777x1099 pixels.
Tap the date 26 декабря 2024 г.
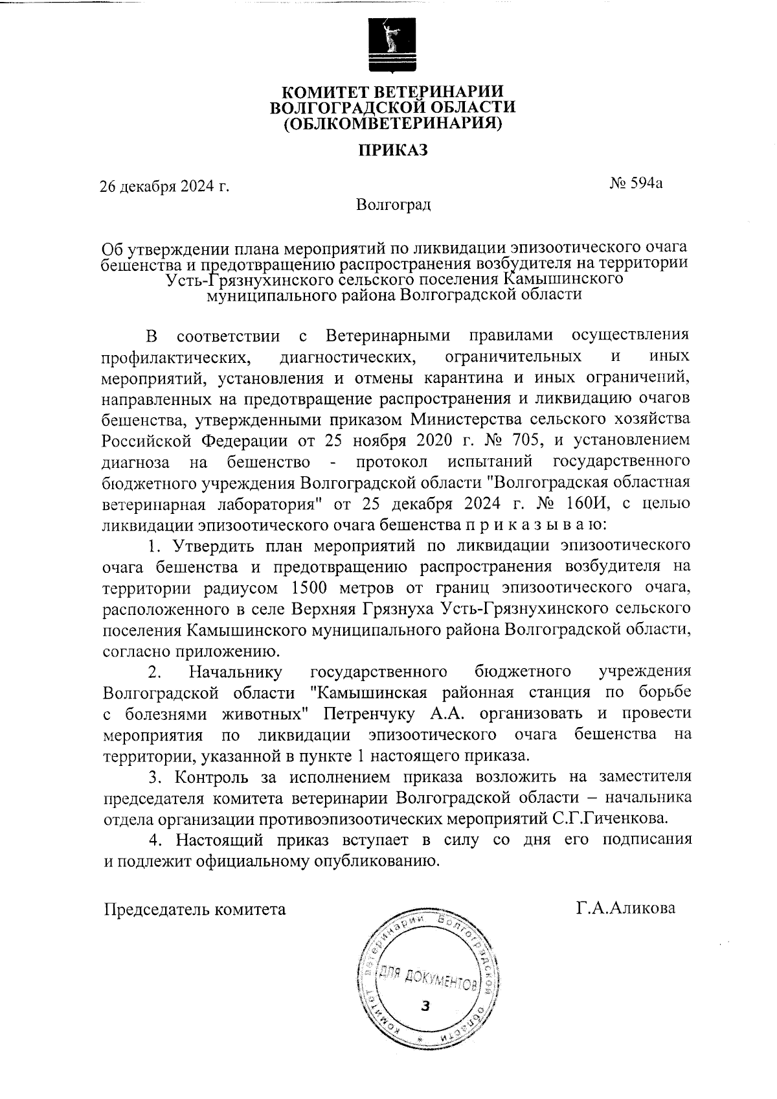click(x=164, y=187)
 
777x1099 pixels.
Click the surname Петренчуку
click(x=370, y=713)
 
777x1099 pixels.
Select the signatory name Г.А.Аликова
click(x=625, y=908)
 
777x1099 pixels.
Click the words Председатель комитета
click(x=195, y=909)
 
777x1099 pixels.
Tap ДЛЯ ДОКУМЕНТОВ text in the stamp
click(x=428, y=980)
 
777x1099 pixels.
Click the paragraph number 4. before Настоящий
click(x=154, y=840)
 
